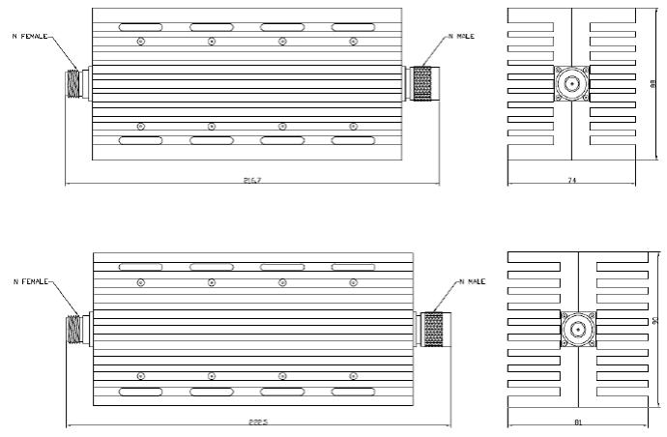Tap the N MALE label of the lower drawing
coord(470,281)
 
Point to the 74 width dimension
coord(571,181)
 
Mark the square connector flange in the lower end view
coord(577,330)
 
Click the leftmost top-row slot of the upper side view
coord(141,27)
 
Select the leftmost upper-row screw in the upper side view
coord(141,41)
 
